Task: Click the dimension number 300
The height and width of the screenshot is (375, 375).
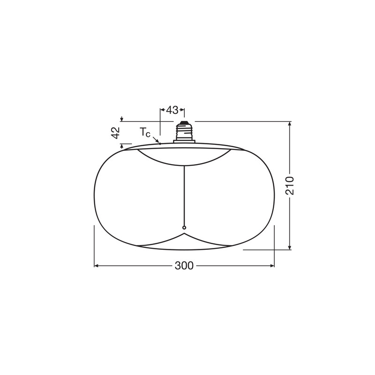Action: click(184, 266)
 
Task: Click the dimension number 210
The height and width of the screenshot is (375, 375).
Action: click(290, 186)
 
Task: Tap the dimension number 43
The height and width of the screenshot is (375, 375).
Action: click(172, 110)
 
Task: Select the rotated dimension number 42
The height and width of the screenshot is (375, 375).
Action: click(116, 133)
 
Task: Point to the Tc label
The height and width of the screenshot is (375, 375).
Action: click(145, 132)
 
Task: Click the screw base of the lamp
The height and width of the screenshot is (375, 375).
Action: click(184, 132)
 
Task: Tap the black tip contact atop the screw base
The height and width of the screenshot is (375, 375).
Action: click(184, 122)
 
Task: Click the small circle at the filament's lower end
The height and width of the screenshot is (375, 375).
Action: click(184, 227)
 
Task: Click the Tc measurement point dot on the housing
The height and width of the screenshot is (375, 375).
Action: click(160, 144)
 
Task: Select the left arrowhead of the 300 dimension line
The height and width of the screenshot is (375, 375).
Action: click(97, 266)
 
